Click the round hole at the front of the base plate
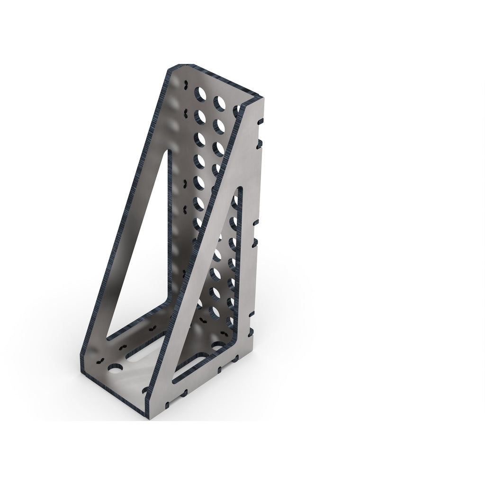(115, 368)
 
